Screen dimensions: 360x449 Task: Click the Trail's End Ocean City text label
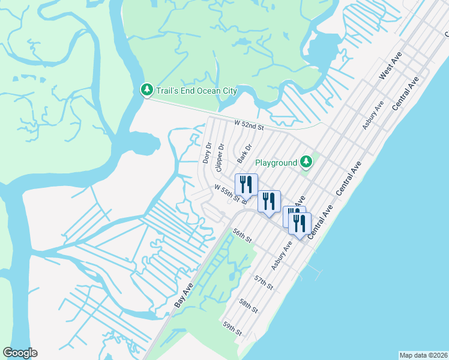tap(196, 91)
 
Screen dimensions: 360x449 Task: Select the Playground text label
tap(276, 163)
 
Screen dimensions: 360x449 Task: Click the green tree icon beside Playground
tap(306, 162)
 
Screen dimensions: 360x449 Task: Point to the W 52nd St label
tap(249, 124)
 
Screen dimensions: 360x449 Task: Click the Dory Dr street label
tap(207, 154)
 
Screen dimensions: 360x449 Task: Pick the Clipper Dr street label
tap(221, 155)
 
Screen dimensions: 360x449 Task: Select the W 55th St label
tap(228, 193)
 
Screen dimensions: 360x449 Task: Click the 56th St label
tap(241, 235)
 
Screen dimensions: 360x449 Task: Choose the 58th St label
tap(248, 306)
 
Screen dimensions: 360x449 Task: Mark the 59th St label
tap(232, 328)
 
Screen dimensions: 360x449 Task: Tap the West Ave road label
tap(390, 66)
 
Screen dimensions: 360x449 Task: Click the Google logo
tap(20, 353)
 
